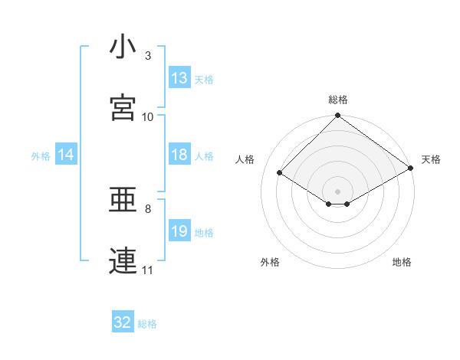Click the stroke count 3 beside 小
point(148,56)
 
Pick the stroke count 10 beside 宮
point(148,116)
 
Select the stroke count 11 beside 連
point(148,270)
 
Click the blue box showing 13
point(179,78)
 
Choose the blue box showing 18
point(179,155)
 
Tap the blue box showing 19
point(179,231)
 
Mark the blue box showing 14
point(66,155)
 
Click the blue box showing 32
point(123,322)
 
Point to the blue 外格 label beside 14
point(41,155)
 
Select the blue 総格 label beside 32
point(147,324)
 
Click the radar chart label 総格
point(338,100)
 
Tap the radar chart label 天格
point(431,159)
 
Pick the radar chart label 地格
point(402,262)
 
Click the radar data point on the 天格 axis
point(411,168)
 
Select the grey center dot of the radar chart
point(338,191)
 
